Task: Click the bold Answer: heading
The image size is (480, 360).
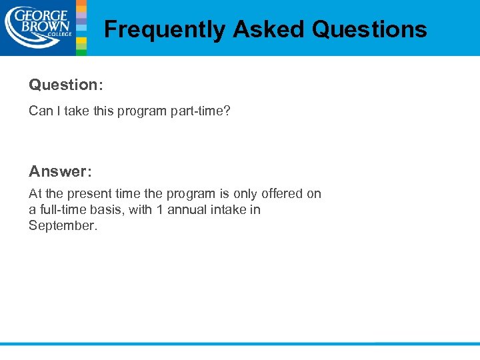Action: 60,171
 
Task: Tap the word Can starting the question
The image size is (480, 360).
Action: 40,111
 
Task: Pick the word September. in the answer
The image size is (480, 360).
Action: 63,225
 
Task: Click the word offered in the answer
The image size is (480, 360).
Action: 282,193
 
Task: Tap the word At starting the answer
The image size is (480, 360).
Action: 35,193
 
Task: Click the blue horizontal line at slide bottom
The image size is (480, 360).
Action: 240,343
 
